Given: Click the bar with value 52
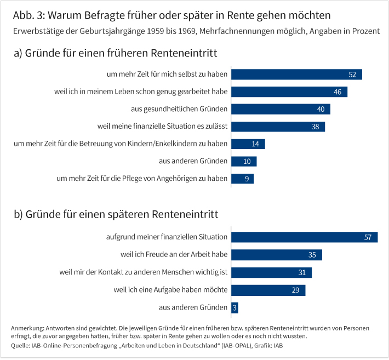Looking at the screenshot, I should pyautogui.click(x=296, y=75).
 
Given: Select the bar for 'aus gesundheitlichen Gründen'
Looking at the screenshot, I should pyautogui.click(x=281, y=109).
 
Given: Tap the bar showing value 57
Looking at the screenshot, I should pyautogui.click(x=304, y=237).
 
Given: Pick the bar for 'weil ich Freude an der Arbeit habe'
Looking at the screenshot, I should pyautogui.click(x=276, y=255).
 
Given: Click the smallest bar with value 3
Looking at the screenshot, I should pyautogui.click(x=235, y=307).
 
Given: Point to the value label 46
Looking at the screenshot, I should pyautogui.click(x=337, y=92).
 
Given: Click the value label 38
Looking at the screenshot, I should pyautogui.click(x=315, y=127).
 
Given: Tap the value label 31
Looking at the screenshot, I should pyautogui.click(x=302, y=272).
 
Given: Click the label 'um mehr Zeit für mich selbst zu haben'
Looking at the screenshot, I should pyautogui.click(x=167, y=75).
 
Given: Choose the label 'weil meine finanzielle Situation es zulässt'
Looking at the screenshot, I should pyautogui.click(x=162, y=127).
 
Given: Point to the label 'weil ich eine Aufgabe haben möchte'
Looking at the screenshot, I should pyautogui.click(x=170, y=290).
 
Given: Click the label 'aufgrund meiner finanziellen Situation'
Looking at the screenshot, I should pyautogui.click(x=167, y=237).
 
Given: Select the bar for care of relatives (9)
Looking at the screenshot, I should pyautogui.click(x=242, y=179).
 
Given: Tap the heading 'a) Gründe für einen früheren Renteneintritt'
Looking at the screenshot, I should pyautogui.click(x=116, y=54).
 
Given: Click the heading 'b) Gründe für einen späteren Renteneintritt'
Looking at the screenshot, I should pyautogui.click(x=116, y=214).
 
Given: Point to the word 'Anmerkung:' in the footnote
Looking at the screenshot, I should pyautogui.click(x=28, y=328).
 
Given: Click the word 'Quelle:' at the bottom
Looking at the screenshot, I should pyautogui.click(x=21, y=346).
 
